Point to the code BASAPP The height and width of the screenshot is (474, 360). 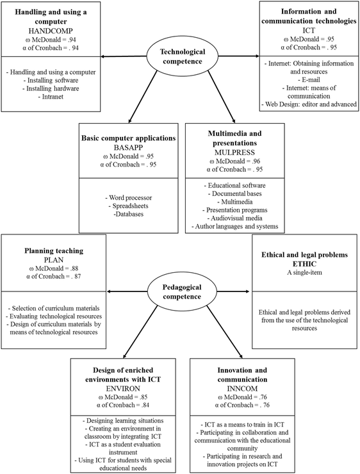point(128,147)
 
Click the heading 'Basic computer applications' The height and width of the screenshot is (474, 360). point(128,138)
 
